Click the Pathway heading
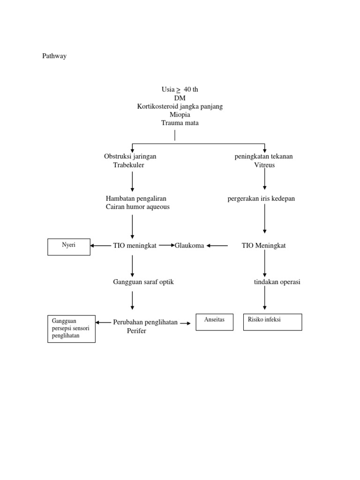(x=54, y=56)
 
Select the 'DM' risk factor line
(x=180, y=98)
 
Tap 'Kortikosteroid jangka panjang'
(x=180, y=106)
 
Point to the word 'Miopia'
(x=180, y=115)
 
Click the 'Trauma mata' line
(x=180, y=123)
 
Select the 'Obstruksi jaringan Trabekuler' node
(x=130, y=161)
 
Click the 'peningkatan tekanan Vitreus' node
(x=263, y=161)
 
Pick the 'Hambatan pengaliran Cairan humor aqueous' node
(x=136, y=202)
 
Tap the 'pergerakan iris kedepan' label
(x=261, y=199)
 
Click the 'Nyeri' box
(x=69, y=247)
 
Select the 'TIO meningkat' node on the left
(x=135, y=246)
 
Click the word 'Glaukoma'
(x=189, y=246)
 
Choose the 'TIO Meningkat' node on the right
(x=263, y=246)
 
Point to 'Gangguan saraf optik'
(x=143, y=282)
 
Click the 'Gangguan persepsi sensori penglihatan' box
(x=71, y=329)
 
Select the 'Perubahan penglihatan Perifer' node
(x=145, y=326)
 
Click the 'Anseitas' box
(x=214, y=322)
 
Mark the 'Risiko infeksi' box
(x=272, y=322)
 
